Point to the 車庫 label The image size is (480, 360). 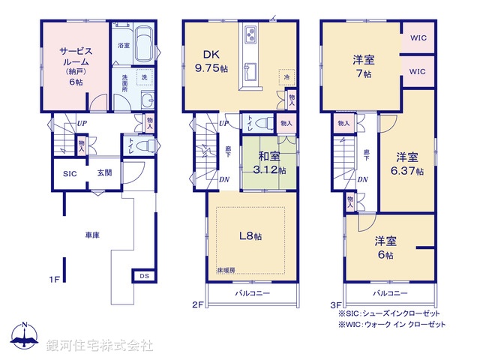91,235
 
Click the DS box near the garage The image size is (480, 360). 144,276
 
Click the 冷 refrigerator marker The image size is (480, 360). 286,76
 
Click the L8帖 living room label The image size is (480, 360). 250,236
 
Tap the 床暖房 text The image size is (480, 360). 226,269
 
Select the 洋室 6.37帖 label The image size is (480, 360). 407,163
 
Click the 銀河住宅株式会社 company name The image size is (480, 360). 100,345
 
